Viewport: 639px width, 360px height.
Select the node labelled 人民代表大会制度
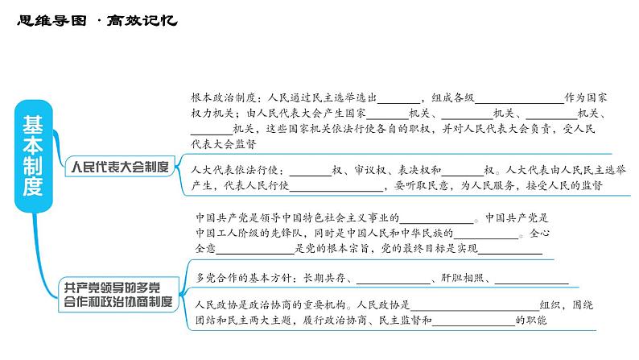(119, 168)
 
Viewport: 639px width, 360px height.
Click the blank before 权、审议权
(309, 170)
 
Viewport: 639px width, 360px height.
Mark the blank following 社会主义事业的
(435, 217)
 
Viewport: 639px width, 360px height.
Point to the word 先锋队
(285, 234)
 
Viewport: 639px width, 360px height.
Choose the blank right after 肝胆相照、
(530, 278)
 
